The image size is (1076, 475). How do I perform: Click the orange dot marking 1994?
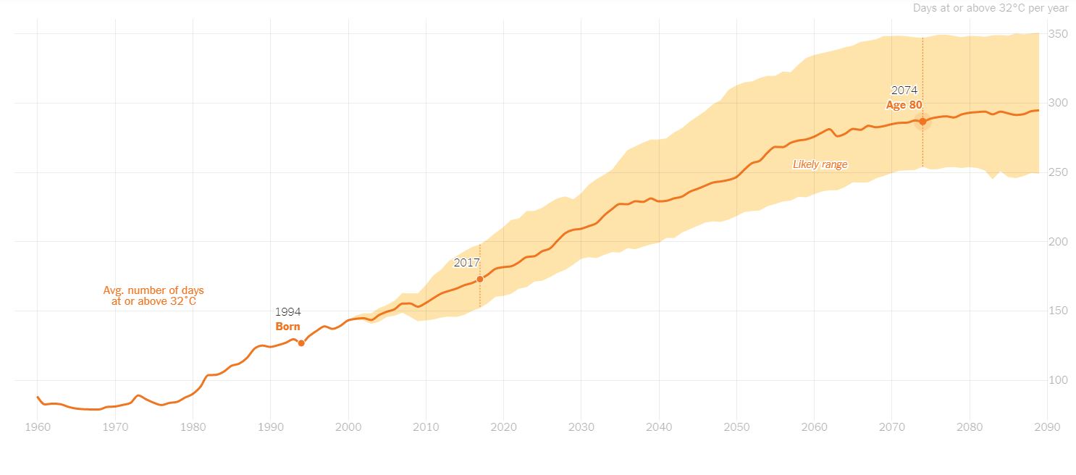301,343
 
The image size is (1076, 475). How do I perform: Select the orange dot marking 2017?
480,279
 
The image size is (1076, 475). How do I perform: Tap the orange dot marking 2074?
922,122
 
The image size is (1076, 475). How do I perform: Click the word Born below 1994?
287,327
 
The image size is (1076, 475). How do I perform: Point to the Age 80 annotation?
904,105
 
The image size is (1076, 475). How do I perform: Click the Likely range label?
820,164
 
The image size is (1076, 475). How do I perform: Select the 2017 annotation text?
466,263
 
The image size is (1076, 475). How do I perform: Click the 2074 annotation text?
904,91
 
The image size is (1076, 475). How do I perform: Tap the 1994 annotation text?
287,312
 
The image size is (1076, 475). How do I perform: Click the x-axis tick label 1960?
38,427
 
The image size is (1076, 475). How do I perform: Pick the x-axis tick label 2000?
348,427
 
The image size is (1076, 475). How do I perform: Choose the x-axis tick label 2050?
736,427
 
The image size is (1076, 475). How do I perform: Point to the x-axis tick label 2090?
1047,427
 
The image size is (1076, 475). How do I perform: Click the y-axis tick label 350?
1058,33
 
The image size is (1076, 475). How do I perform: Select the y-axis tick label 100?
1058,380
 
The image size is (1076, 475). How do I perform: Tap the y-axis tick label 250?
1058,172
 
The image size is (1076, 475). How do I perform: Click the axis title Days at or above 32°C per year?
991,8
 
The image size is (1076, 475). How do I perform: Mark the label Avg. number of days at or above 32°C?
154,296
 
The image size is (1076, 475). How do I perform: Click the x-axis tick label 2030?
581,427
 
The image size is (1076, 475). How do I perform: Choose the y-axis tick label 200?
1058,242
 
